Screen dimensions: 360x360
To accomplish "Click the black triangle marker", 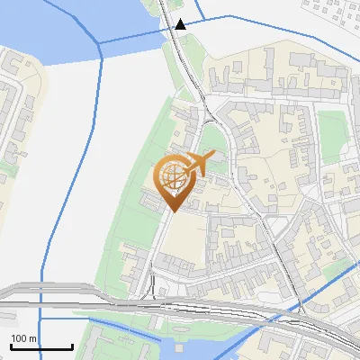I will pos(181,24).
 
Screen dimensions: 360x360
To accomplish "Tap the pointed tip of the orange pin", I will pos(172,211).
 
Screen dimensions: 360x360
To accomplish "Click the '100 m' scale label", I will pos(24,338).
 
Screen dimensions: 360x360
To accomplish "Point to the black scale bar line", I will pos(41,347).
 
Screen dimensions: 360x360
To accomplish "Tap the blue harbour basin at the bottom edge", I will pos(193,346).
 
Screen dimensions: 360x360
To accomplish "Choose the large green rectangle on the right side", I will pos(332,131).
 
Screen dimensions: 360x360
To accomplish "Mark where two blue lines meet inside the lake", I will pos(95,43).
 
